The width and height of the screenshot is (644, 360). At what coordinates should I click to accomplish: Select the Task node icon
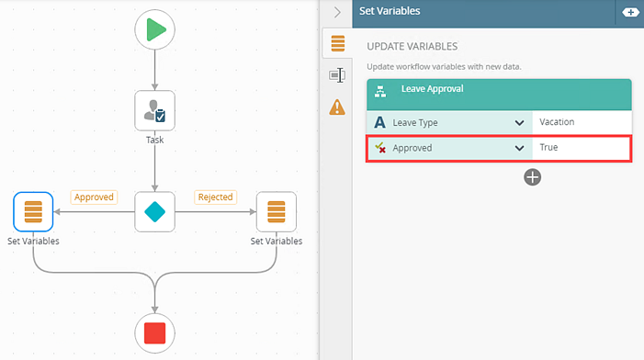click(154, 110)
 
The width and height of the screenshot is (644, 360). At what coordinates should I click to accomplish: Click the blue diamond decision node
click(154, 211)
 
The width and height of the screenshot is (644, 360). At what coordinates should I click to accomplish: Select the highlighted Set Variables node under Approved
click(33, 211)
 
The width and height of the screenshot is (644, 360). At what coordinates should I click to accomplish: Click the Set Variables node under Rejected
click(276, 211)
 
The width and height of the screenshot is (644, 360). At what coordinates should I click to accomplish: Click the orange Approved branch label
click(93, 197)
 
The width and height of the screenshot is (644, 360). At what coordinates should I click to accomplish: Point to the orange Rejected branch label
click(215, 197)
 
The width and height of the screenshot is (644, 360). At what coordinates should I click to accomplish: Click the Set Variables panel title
click(390, 12)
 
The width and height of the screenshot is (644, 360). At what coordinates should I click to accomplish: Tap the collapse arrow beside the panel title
click(337, 12)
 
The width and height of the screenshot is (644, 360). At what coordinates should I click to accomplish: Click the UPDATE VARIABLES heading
click(412, 46)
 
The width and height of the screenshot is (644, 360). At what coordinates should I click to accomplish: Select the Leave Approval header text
click(432, 89)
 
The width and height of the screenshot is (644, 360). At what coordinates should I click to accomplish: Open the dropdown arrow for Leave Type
click(519, 122)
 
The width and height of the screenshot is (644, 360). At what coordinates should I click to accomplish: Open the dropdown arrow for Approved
click(519, 147)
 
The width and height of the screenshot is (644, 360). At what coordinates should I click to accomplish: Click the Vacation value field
click(582, 122)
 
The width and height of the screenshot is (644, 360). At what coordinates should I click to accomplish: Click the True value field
click(582, 147)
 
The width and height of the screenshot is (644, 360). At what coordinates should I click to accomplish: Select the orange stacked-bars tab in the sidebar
click(337, 43)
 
